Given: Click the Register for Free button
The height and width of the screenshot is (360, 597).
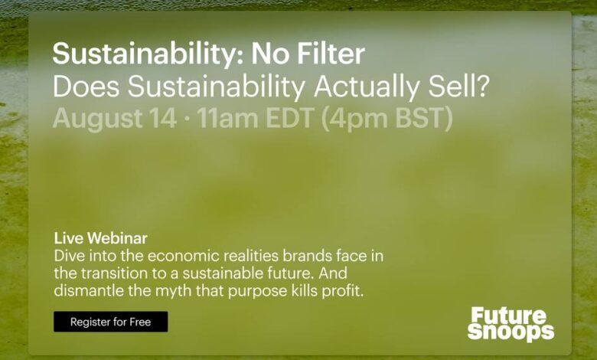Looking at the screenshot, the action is click(x=110, y=322).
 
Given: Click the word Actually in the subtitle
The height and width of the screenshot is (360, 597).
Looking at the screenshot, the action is click(x=367, y=87).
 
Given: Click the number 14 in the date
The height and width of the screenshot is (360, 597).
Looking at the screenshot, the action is click(x=162, y=118).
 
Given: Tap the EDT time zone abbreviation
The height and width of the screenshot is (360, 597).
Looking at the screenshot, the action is click(x=290, y=118).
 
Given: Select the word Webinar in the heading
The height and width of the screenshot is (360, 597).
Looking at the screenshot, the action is click(x=117, y=238).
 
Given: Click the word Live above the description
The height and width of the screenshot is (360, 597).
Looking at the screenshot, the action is click(x=69, y=238).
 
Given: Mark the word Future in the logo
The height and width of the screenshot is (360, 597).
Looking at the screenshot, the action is click(x=509, y=316).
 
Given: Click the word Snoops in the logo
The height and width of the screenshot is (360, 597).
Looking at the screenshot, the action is click(x=511, y=332).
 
